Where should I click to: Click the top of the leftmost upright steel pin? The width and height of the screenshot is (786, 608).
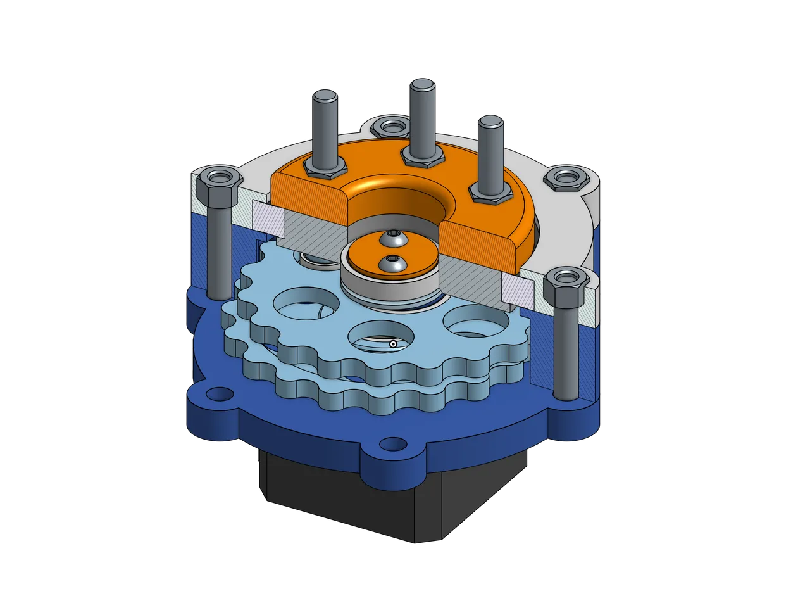point(325,96)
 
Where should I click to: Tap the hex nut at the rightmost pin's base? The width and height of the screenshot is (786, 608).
point(489,194)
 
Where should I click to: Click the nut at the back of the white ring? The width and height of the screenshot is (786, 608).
point(387,127)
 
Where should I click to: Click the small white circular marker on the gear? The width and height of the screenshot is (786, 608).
point(393,345)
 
